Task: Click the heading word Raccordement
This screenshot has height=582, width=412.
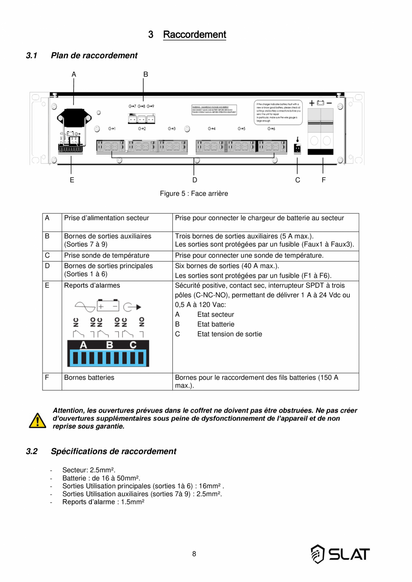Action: [x=194, y=34]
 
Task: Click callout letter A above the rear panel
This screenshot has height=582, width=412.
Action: [x=73, y=74]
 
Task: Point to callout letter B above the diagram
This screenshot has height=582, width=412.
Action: [x=146, y=74]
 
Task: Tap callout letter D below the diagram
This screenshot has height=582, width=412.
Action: [x=194, y=180]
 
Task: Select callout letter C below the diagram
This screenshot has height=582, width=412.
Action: [x=298, y=180]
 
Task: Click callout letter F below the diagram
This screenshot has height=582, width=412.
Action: [x=323, y=180]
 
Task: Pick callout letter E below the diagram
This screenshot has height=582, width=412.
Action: [x=72, y=180]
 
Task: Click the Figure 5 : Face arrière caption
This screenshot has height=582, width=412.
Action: [x=194, y=193]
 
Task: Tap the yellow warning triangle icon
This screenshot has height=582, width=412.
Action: [x=38, y=420]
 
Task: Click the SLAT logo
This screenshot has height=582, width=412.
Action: [x=340, y=554]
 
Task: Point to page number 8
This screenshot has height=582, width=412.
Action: [x=194, y=554]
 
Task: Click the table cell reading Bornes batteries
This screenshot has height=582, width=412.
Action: [x=89, y=377]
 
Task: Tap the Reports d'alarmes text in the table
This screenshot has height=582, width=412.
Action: [x=92, y=285]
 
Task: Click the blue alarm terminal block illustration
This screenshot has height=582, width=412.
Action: [x=108, y=353]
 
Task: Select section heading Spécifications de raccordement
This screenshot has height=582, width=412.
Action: [x=113, y=451]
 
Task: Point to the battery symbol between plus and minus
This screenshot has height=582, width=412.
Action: [x=320, y=103]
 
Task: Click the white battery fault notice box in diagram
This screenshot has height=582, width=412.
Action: [x=278, y=112]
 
